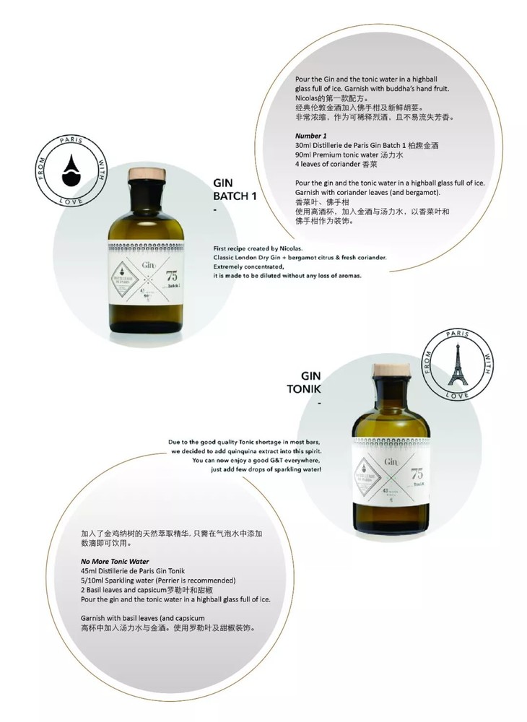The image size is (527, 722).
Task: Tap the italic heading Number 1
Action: pos(312,136)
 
